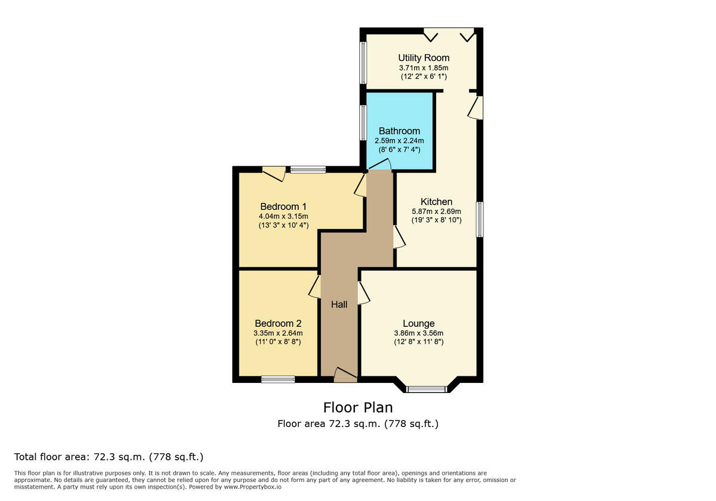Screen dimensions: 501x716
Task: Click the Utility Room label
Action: click(x=424, y=58)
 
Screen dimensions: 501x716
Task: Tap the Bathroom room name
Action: click(x=399, y=131)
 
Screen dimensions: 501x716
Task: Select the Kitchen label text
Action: click(x=436, y=202)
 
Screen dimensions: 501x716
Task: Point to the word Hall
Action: click(x=340, y=304)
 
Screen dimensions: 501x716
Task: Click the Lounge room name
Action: click(x=418, y=323)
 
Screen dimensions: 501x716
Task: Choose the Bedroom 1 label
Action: click(x=283, y=206)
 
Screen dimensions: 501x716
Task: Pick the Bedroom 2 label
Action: click(x=277, y=323)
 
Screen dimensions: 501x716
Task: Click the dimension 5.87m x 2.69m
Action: click(x=436, y=211)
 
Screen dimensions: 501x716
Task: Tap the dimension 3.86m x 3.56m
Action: click(x=418, y=333)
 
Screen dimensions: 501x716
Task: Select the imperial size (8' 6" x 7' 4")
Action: click(x=399, y=149)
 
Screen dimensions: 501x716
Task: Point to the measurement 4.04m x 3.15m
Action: click(x=283, y=216)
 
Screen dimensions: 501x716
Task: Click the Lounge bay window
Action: click(x=427, y=389)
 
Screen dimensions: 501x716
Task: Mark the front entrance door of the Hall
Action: click(x=345, y=375)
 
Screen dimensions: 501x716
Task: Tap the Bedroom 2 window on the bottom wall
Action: click(x=278, y=379)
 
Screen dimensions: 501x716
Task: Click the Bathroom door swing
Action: click(x=379, y=165)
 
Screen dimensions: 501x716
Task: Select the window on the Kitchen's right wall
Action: click(x=479, y=219)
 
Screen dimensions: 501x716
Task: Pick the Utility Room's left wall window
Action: click(x=362, y=63)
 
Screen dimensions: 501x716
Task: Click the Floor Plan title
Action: click(x=358, y=407)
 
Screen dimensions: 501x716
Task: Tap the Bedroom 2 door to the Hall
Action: click(x=314, y=286)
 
